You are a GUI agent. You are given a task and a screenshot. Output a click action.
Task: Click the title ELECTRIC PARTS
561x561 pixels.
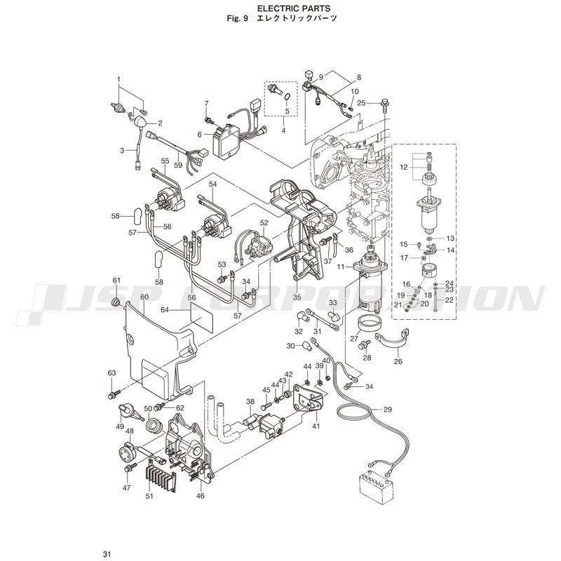click(x=294, y=8)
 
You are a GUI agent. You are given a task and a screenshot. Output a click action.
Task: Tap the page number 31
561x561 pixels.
click(x=107, y=555)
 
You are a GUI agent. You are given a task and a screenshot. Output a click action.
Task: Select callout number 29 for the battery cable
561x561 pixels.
click(x=388, y=410)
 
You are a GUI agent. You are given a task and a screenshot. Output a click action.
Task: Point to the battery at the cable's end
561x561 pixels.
click(x=376, y=487)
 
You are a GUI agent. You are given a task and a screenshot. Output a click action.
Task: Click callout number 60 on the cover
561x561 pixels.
click(x=144, y=297)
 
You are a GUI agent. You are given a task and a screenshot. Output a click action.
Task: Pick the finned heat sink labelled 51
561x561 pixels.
click(x=161, y=480)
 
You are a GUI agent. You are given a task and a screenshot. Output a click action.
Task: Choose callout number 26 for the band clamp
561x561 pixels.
click(x=398, y=361)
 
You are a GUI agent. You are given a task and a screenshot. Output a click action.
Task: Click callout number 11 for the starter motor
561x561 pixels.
click(x=340, y=266)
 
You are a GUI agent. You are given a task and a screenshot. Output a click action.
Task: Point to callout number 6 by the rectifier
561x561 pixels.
click(x=200, y=134)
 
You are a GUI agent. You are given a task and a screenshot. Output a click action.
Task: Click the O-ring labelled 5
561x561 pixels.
click(x=288, y=97)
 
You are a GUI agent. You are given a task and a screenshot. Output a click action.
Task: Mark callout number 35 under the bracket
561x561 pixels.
click(x=297, y=297)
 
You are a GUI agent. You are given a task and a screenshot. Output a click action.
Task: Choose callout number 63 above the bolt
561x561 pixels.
click(x=111, y=373)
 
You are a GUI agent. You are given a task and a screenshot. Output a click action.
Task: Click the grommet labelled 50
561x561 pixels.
click(x=154, y=425)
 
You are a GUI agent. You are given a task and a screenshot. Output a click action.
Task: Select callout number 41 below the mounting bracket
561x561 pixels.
click(x=316, y=426)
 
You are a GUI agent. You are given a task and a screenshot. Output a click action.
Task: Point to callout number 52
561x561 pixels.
click(x=264, y=222)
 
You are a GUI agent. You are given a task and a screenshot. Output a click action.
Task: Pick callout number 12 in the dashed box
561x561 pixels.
click(x=404, y=167)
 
